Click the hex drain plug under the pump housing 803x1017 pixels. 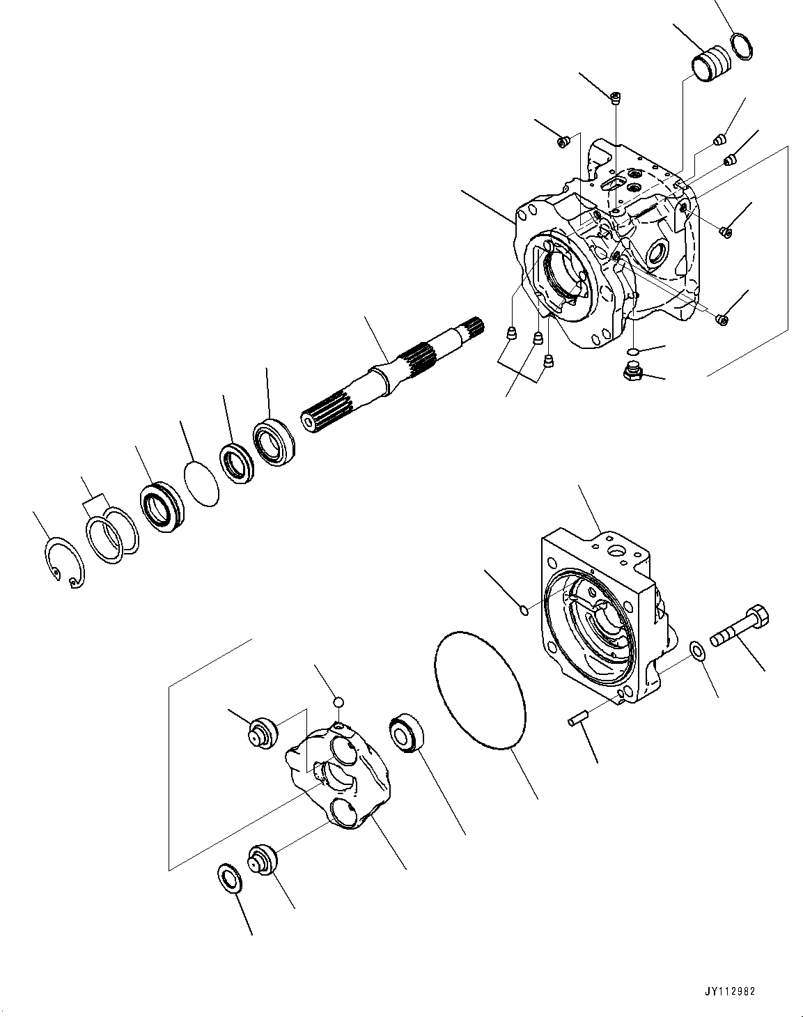632,373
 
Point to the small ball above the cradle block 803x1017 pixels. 338,701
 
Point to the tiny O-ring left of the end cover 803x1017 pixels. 524,611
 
